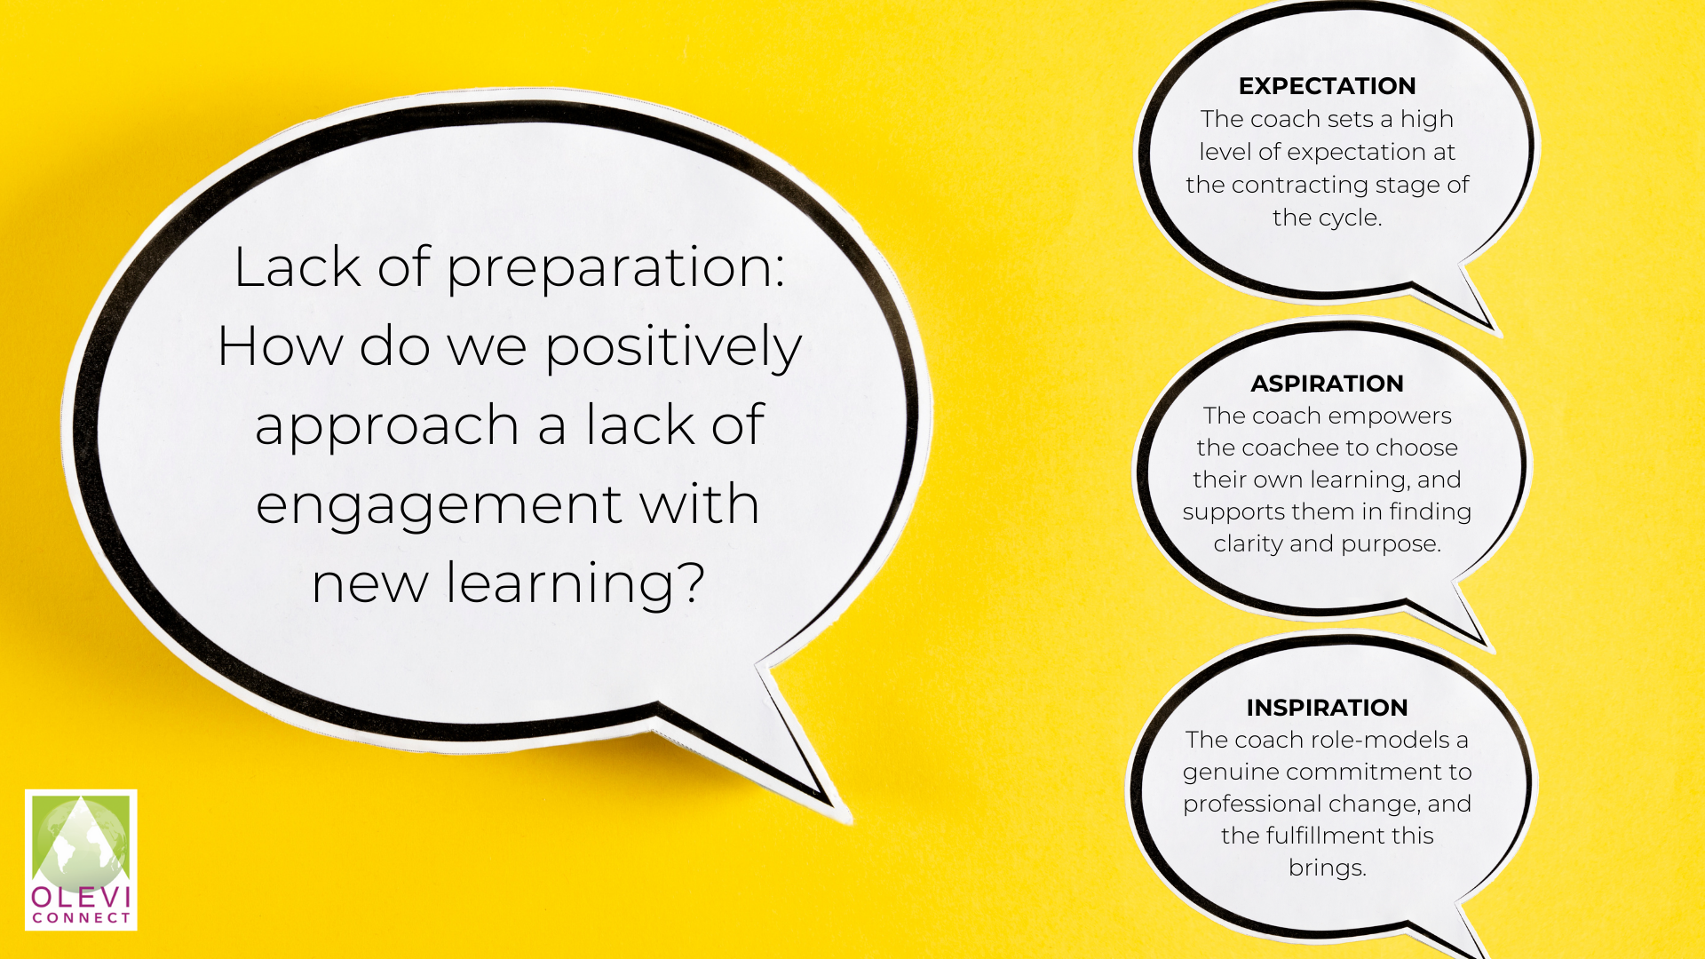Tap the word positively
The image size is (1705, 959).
click(x=673, y=347)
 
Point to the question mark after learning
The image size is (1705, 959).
click(x=688, y=582)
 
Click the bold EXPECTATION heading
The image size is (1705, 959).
click(x=1327, y=86)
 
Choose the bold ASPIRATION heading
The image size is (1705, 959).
click(x=1327, y=384)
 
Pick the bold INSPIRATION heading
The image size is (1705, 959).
click(x=1327, y=708)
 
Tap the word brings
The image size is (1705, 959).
click(x=1327, y=868)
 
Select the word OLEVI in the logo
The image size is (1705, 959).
click(x=81, y=897)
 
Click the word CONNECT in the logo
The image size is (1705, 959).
click(x=81, y=918)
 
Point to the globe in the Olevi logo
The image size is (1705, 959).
click(x=81, y=839)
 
